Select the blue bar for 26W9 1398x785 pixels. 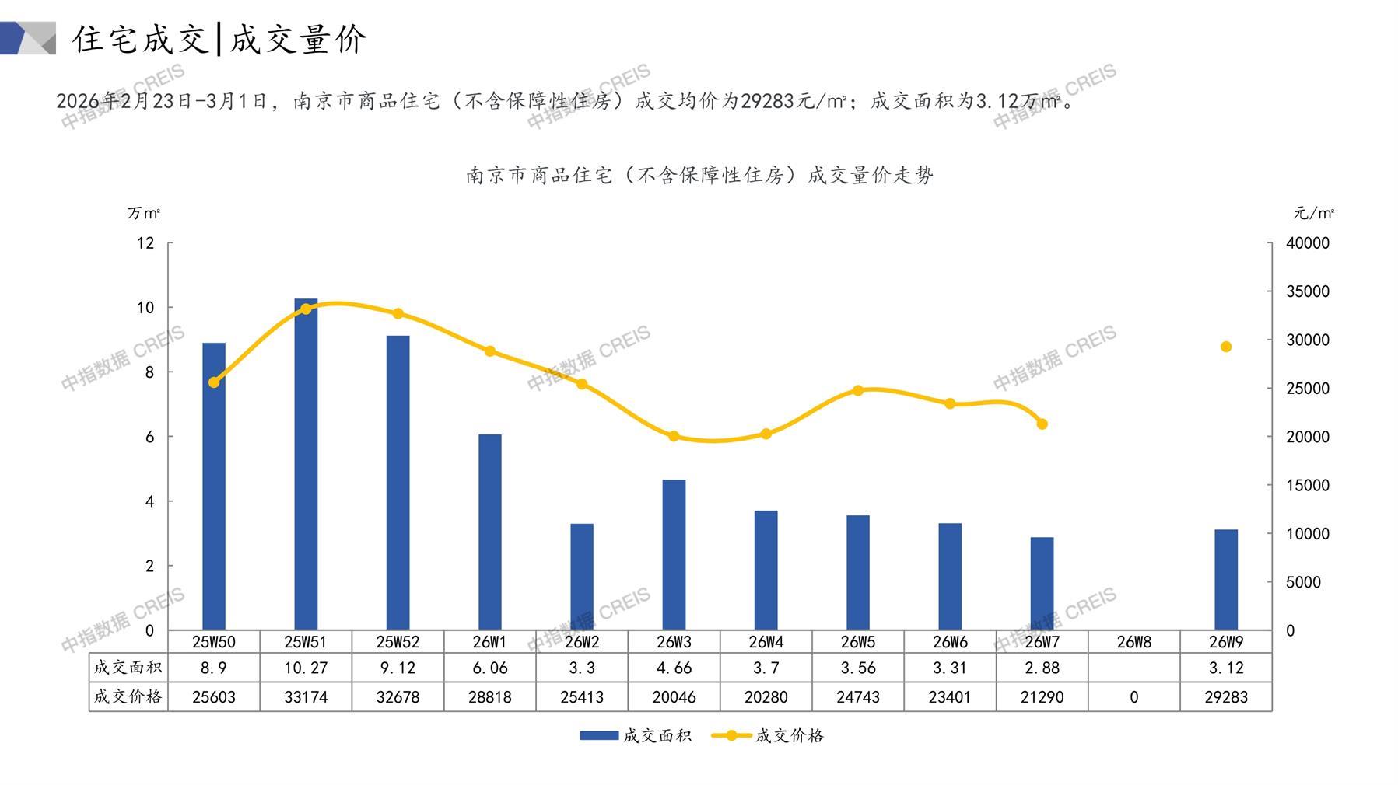[1225, 580]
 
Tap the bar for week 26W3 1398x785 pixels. [674, 555]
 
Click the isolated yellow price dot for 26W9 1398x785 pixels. [1226, 347]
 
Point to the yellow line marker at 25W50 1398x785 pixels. [214, 382]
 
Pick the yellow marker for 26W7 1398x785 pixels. [1042, 424]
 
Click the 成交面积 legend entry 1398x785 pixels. [636, 735]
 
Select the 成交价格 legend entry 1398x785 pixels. [768, 735]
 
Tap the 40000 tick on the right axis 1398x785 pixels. [1307, 243]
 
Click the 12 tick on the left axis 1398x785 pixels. [145, 243]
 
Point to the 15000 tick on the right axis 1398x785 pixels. [1307, 485]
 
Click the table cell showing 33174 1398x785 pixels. [306, 697]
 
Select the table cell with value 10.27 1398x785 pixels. [306, 668]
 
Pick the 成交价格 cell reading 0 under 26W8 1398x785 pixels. [1133, 697]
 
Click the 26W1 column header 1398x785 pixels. [489, 642]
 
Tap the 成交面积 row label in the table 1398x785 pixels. [128, 668]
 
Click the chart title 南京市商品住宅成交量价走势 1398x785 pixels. [699, 176]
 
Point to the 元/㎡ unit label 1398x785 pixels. [1313, 213]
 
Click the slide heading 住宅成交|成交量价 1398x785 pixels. [219, 39]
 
